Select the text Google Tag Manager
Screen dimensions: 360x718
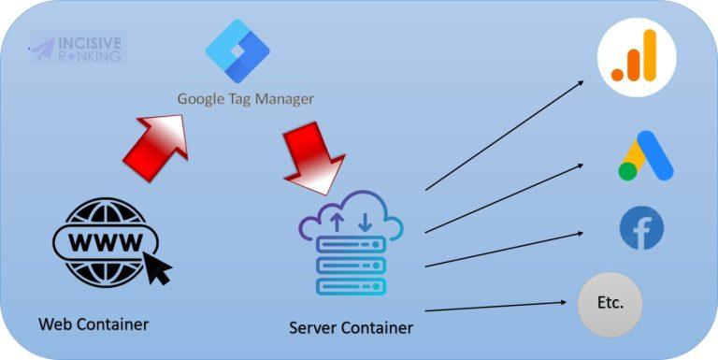pyautogui.click(x=246, y=98)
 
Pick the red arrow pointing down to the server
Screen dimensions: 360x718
pyautogui.click(x=312, y=155)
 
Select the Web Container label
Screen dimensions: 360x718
pyautogui.click(x=93, y=324)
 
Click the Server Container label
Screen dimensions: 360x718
pyautogui.click(x=351, y=327)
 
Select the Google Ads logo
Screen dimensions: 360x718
pyautogui.click(x=645, y=156)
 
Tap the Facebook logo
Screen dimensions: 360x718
pyautogui.click(x=641, y=229)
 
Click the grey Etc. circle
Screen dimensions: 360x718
pyautogui.click(x=610, y=304)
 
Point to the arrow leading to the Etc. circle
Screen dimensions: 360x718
pyautogui.click(x=495, y=306)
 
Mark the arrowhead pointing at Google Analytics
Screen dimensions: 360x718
pyautogui.click(x=581, y=82)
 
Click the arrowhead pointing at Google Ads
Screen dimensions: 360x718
pyautogui.click(x=582, y=166)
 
